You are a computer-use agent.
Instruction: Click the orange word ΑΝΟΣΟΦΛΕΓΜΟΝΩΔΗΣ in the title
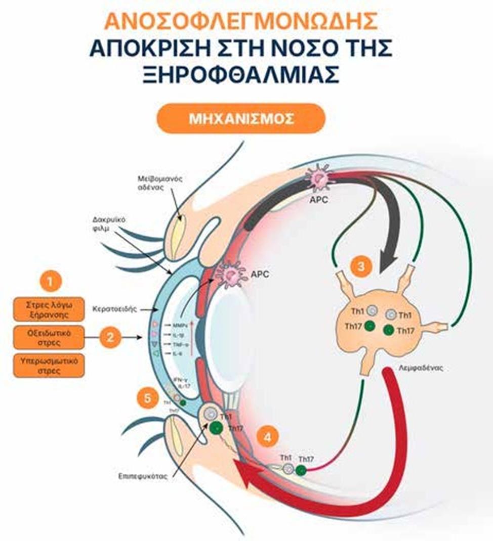point(240,21)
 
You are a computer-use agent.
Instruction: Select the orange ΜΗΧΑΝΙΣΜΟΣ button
point(240,119)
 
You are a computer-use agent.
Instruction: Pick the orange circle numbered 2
point(110,336)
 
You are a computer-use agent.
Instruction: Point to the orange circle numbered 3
point(361,267)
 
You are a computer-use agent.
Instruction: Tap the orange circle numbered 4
point(266,436)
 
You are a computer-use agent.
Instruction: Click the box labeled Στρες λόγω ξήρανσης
point(49,309)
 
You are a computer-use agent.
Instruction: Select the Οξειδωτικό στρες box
point(49,337)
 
